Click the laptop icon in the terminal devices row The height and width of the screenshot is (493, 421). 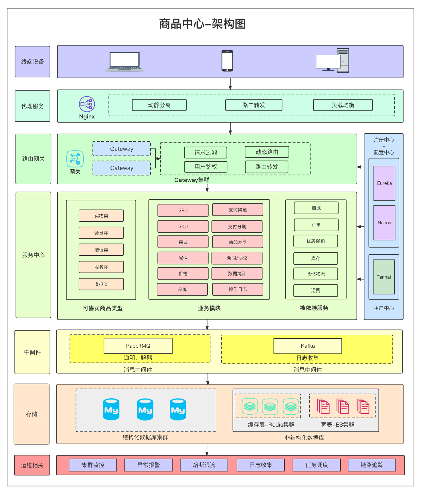tap(124, 62)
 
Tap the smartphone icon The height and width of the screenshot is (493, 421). tap(227, 61)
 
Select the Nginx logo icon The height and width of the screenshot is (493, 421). tap(87, 104)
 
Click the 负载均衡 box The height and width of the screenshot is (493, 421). tap(343, 105)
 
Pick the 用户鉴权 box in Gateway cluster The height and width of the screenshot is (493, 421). tap(205, 167)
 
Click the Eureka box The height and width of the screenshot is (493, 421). tap(384, 183)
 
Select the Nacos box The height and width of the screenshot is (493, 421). tap(384, 223)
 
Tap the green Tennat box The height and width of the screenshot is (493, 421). tap(384, 277)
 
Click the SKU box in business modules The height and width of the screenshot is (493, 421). tap(183, 226)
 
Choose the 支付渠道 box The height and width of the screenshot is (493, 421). tap(238, 210)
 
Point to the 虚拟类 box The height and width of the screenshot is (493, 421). tap(101, 284)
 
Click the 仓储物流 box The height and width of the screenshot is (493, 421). tap(316, 274)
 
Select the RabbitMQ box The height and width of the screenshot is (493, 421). tap(138, 346)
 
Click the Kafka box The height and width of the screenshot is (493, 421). tap(308, 346)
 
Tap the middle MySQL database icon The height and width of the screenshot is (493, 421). tap(145, 410)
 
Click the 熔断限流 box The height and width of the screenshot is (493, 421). tap(204, 465)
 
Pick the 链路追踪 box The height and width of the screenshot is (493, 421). tap(372, 465)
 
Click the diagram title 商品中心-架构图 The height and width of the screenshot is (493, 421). tap(202, 24)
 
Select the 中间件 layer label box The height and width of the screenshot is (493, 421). tap(32, 352)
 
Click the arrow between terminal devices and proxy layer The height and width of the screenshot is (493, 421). tap(230, 84)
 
